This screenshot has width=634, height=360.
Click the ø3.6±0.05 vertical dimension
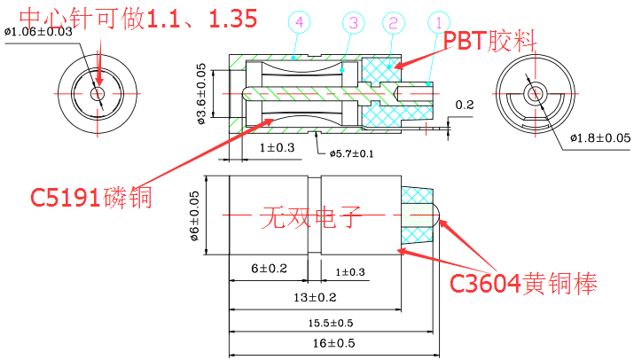pyautogui.click(x=202, y=94)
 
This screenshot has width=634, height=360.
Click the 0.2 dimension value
pyautogui.click(x=464, y=105)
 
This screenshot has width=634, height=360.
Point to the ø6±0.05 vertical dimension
pyautogui.click(x=197, y=216)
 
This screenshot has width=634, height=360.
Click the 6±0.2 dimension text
pyautogui.click(x=269, y=268)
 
